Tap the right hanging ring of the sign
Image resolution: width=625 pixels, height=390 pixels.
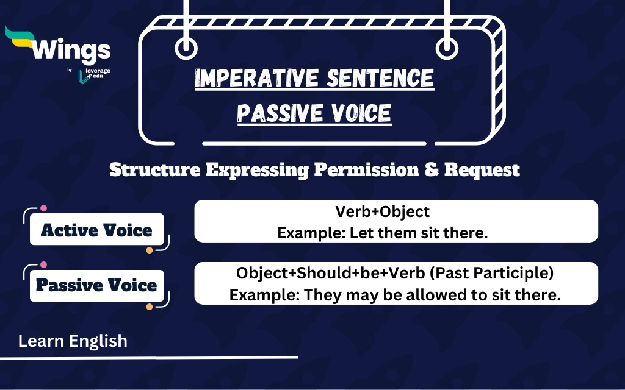447,48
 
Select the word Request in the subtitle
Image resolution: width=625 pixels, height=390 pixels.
482,169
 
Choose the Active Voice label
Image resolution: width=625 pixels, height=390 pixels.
96,230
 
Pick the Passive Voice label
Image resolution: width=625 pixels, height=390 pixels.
96,285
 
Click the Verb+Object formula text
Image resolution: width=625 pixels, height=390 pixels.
383,211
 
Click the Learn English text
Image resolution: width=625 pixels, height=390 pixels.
73,341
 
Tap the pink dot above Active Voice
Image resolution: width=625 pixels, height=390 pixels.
43,208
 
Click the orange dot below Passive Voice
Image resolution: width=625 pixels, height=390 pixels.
150,306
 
